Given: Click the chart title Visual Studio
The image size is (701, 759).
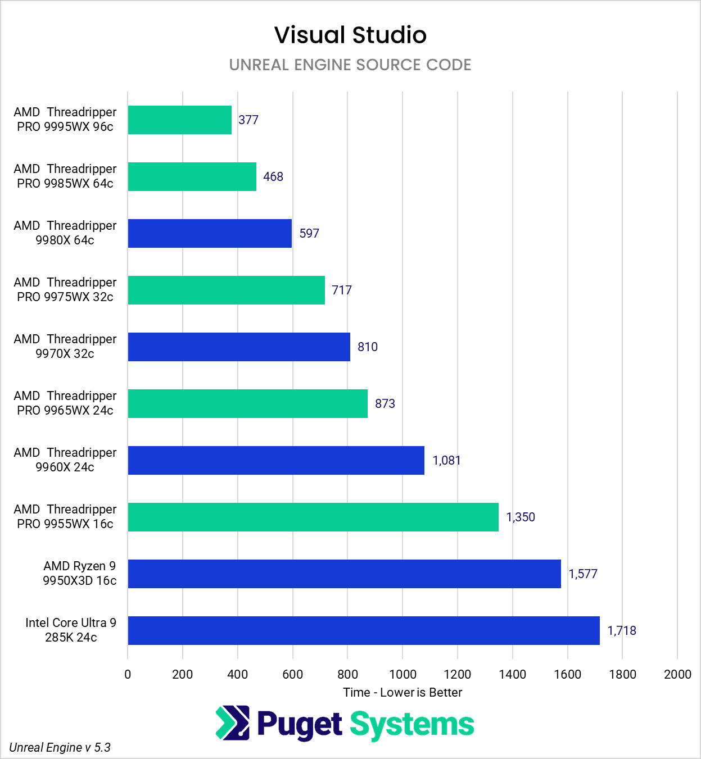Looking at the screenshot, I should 350,35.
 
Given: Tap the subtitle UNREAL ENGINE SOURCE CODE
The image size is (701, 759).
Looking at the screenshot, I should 350,65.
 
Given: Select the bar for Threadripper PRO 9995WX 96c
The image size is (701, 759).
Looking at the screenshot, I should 179,120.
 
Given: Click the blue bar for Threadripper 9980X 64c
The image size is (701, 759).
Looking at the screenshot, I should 210,234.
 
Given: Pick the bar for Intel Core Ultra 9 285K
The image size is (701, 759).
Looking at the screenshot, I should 364,631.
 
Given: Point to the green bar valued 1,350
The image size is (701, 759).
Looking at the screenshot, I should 313,517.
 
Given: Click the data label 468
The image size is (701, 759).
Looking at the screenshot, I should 273,177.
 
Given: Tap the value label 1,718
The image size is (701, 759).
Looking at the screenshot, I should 622,631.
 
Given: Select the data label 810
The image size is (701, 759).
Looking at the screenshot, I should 368,347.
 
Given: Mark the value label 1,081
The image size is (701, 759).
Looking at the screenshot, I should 446,461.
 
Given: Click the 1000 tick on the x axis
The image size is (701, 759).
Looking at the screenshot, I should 402,675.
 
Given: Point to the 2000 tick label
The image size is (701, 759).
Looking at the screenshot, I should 677,675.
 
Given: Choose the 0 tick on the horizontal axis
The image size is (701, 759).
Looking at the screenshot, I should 128,675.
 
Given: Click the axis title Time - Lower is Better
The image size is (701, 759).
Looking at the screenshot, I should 402,693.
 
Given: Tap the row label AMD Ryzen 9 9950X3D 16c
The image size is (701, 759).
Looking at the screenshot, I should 80,574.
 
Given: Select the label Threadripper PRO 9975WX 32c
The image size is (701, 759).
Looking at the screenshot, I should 65,290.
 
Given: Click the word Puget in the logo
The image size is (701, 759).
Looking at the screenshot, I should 300,724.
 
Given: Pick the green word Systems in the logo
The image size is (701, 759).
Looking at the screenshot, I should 412,724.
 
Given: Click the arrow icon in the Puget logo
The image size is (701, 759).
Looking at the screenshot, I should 232,723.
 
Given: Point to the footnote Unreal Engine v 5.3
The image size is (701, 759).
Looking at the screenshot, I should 60,748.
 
